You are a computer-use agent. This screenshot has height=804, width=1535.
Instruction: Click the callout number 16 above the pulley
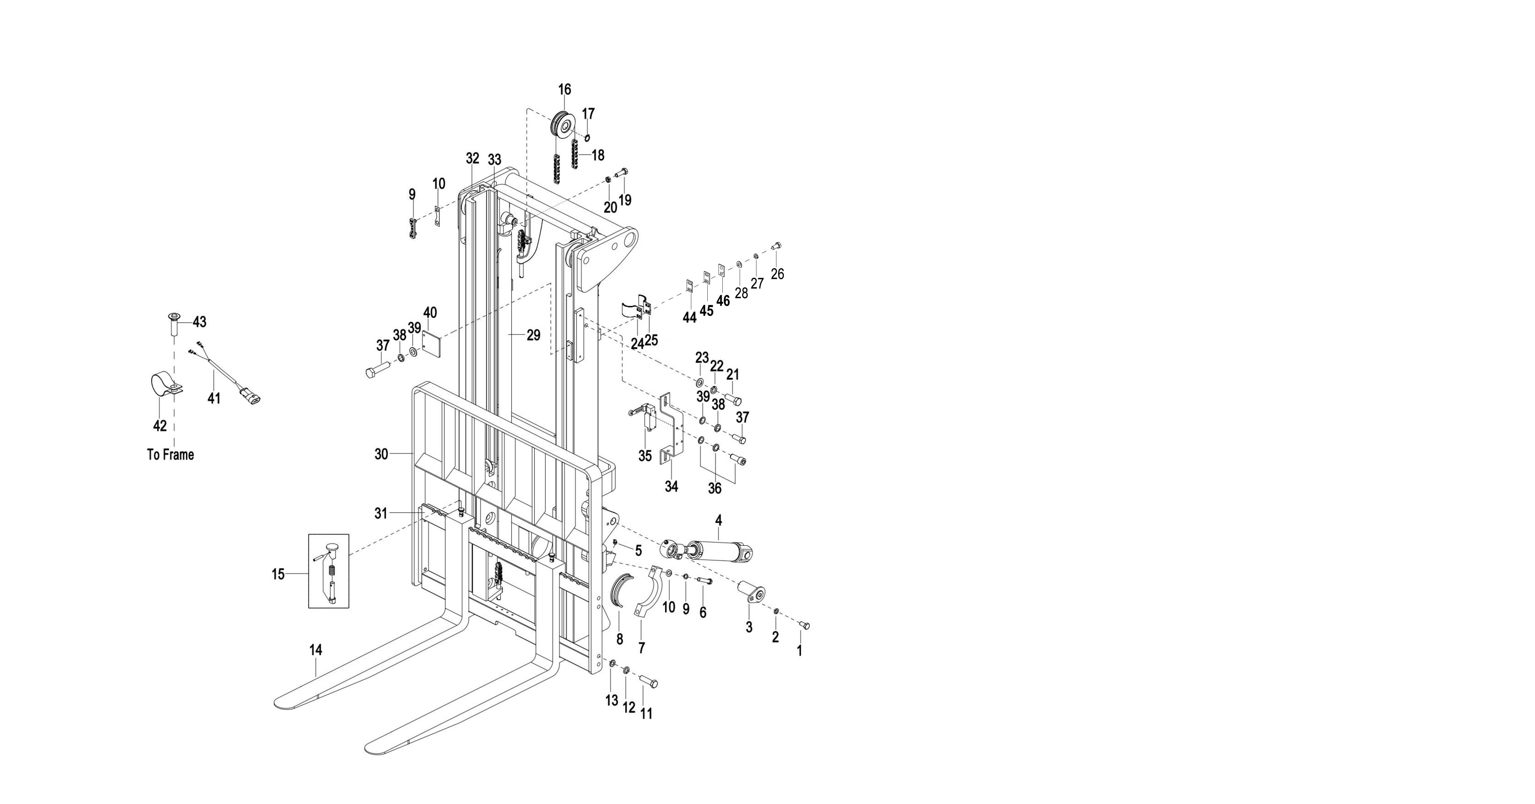[x=564, y=89]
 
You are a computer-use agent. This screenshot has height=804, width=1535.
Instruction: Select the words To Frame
[x=171, y=455]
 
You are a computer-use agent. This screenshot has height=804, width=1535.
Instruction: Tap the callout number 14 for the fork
[x=316, y=650]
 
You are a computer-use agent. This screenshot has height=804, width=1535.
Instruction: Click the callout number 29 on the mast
[x=533, y=336]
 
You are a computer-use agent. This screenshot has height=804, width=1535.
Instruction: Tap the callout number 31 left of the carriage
[x=381, y=513]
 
